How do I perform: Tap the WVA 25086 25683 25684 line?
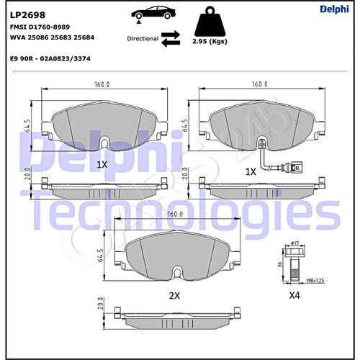[53, 37]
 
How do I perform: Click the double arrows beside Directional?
[171, 37]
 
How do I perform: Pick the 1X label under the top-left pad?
[102, 164]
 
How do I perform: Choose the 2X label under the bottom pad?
[175, 295]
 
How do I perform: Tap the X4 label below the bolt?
[294, 295]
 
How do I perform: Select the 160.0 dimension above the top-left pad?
[101, 84]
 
